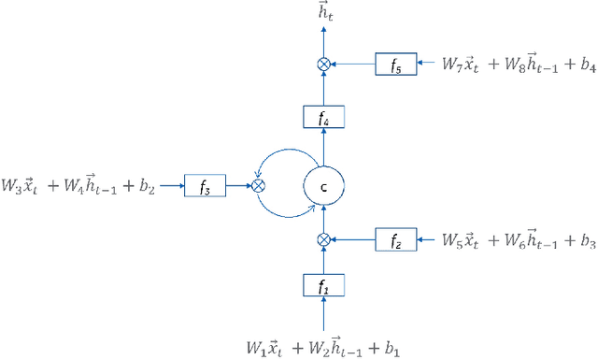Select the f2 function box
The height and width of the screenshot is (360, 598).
(396, 240)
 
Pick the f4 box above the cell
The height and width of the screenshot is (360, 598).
(324, 117)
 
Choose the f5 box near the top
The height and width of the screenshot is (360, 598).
(396, 65)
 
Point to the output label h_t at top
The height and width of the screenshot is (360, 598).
(324, 10)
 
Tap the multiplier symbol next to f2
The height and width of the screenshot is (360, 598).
(324, 240)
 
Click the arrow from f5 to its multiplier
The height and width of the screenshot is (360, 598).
(353, 65)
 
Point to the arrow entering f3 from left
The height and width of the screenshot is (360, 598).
(171, 185)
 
